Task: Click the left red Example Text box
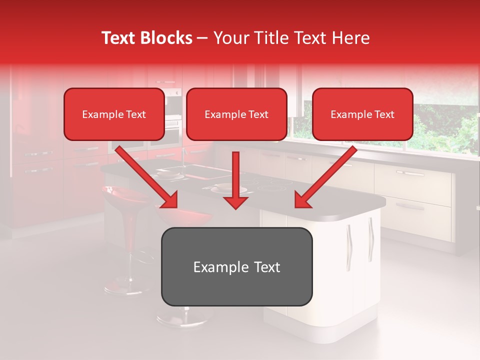114,114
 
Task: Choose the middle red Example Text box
236,114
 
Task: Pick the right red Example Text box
362,114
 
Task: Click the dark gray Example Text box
236,266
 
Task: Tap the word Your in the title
230,38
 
